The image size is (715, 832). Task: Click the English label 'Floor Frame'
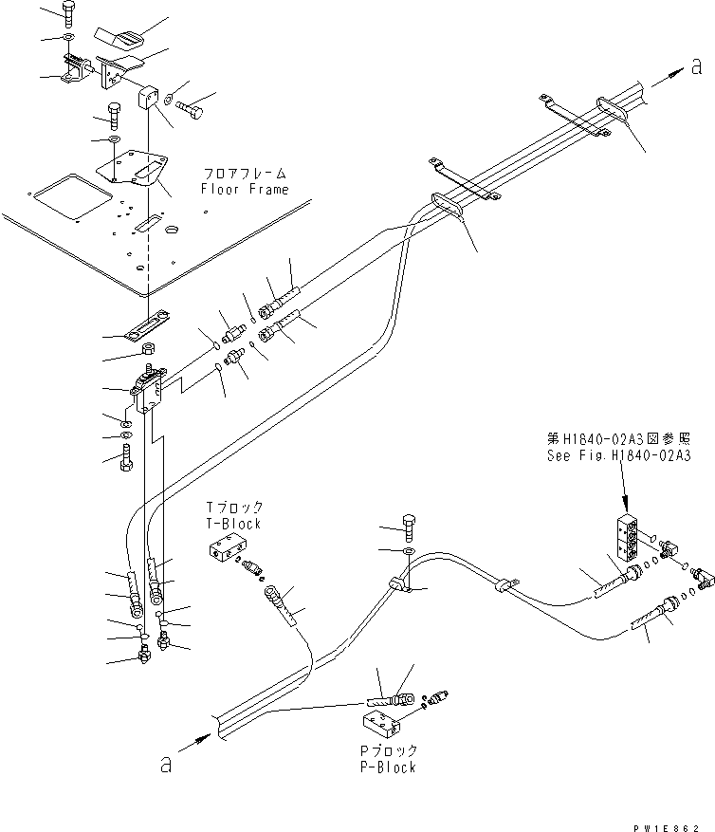coord(245,190)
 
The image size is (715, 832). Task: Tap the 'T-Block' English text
coord(233,524)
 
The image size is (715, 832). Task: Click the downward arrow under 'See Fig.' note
coord(623,488)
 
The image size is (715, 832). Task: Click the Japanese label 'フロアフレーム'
coord(245,175)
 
